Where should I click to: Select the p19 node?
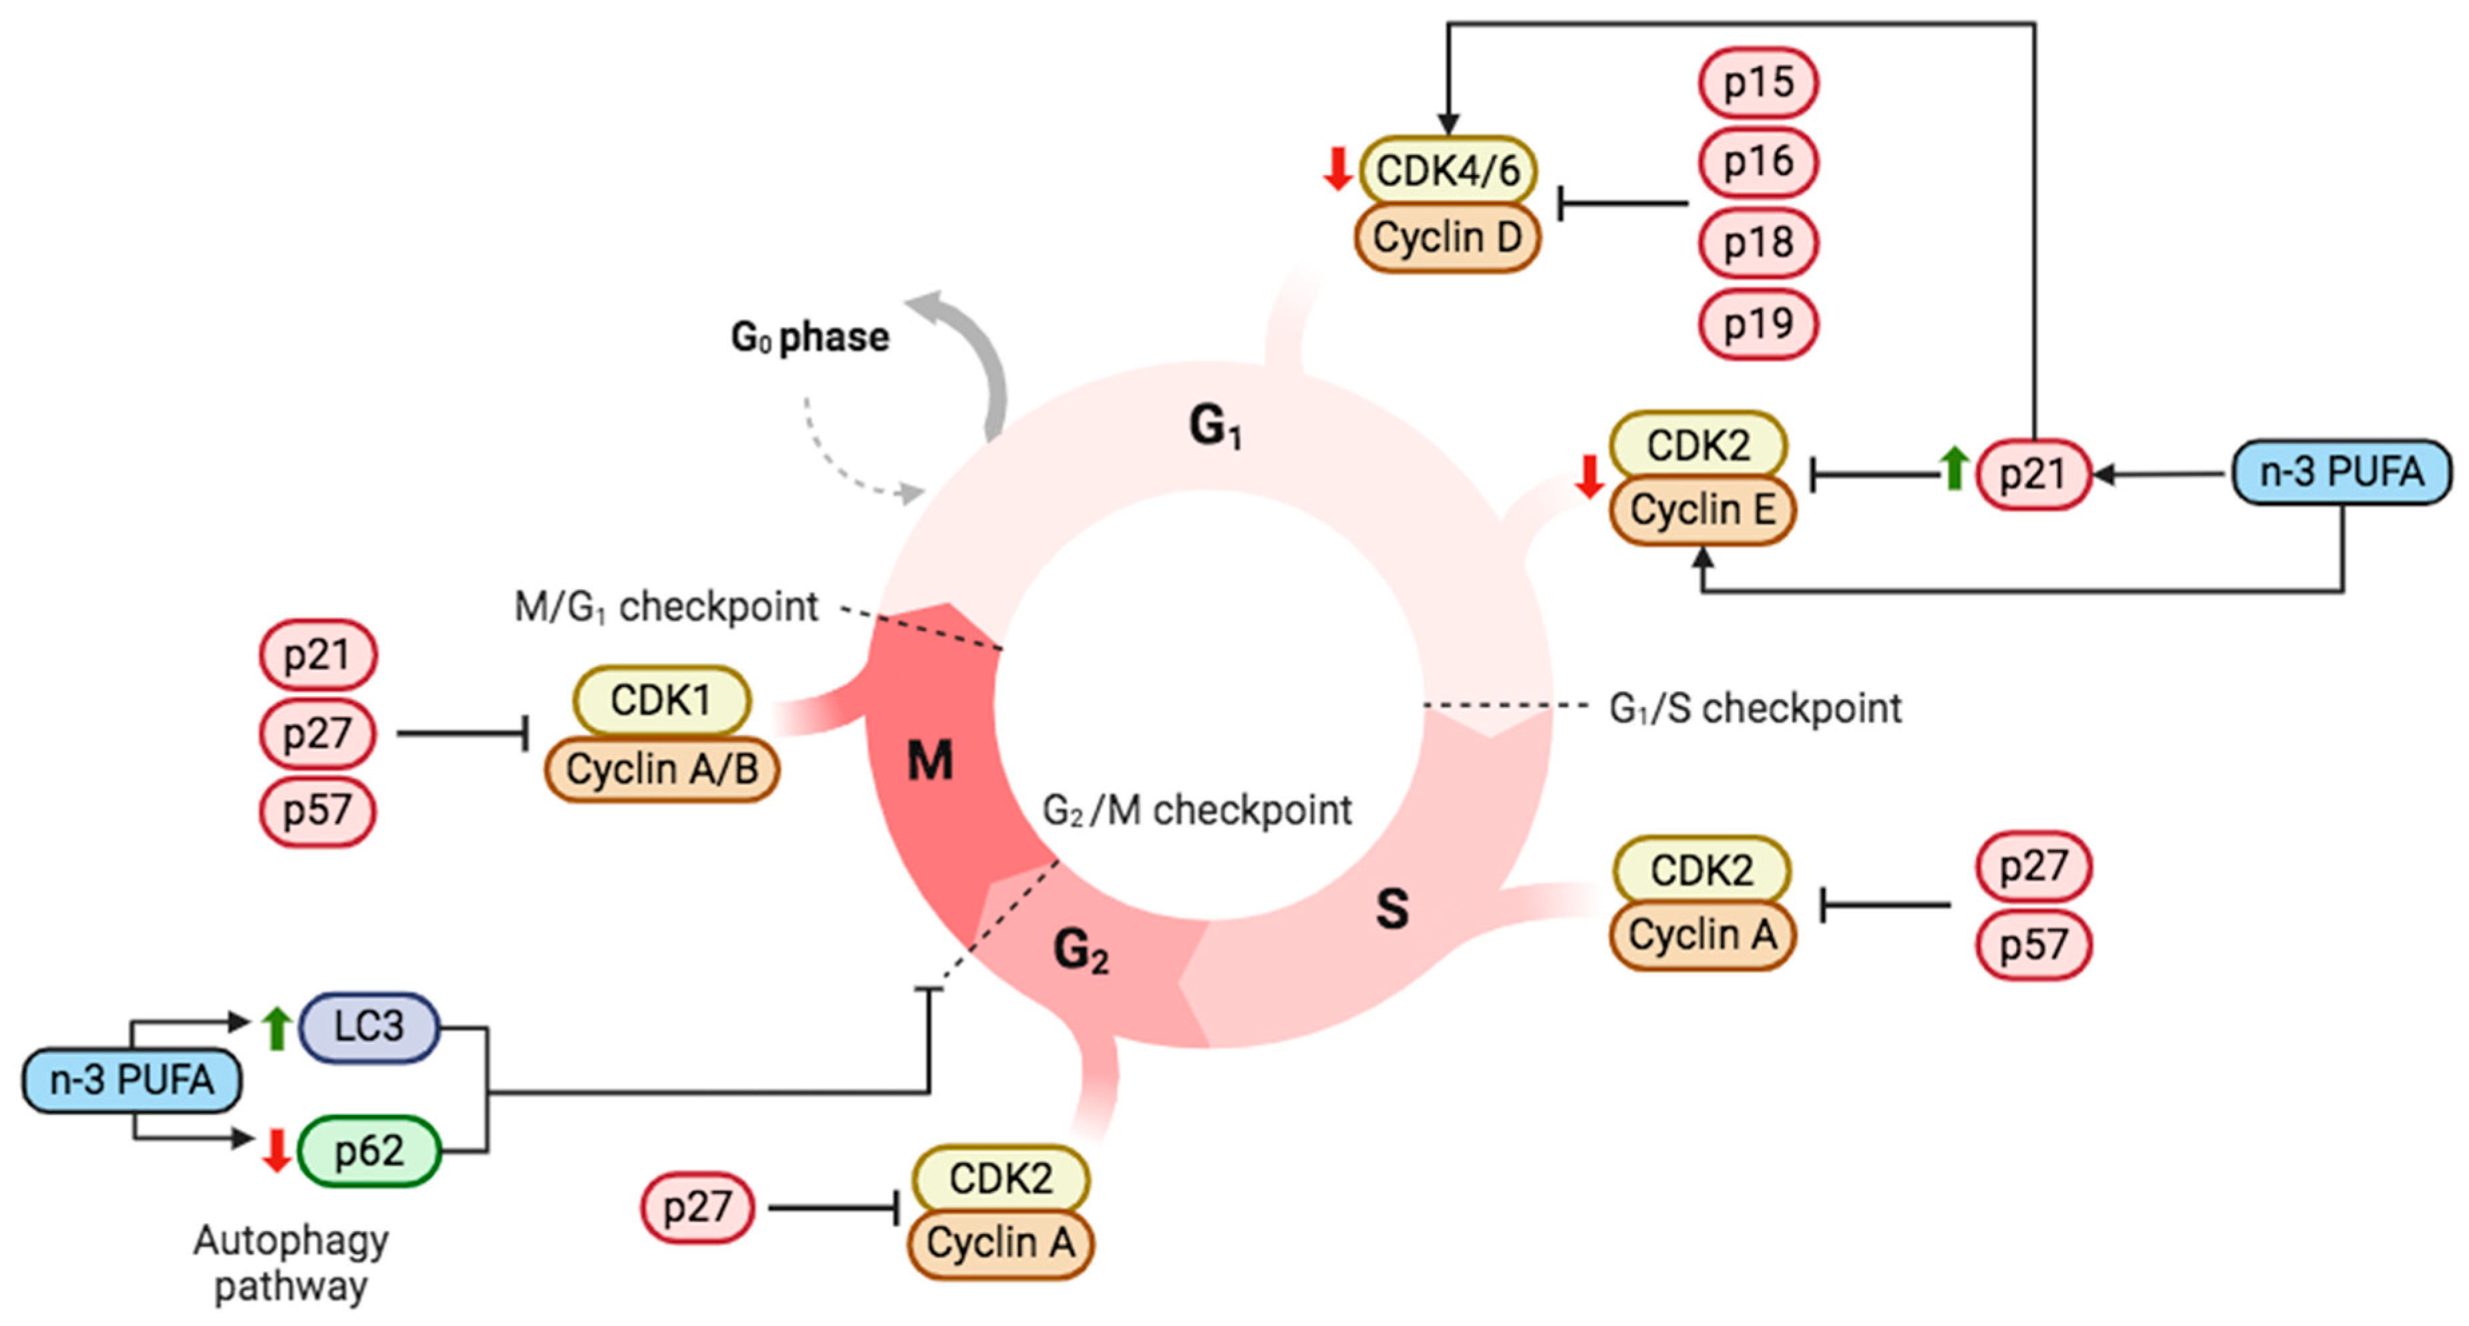[x=1758, y=324]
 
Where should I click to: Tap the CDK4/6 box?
[x=1448, y=170]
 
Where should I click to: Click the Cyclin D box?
[x=1448, y=236]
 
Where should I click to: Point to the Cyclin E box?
[x=1702, y=509]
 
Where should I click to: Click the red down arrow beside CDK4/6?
[x=1337, y=169]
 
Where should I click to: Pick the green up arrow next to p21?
[x=1953, y=469]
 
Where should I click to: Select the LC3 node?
[x=369, y=1027]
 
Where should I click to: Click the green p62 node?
[x=369, y=1150]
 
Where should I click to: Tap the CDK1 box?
[x=661, y=700]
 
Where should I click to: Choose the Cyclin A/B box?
[x=661, y=768]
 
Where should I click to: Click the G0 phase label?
[x=810, y=337]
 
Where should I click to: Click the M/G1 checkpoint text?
[x=666, y=606]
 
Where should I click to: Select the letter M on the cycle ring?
[x=930, y=762]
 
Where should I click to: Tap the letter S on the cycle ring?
[x=1391, y=908]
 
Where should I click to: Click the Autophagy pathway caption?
[x=291, y=1263]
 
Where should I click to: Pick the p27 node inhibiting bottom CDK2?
[x=697, y=1207]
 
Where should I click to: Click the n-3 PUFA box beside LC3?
[x=132, y=1081]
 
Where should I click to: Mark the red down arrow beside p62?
[x=277, y=1150]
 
